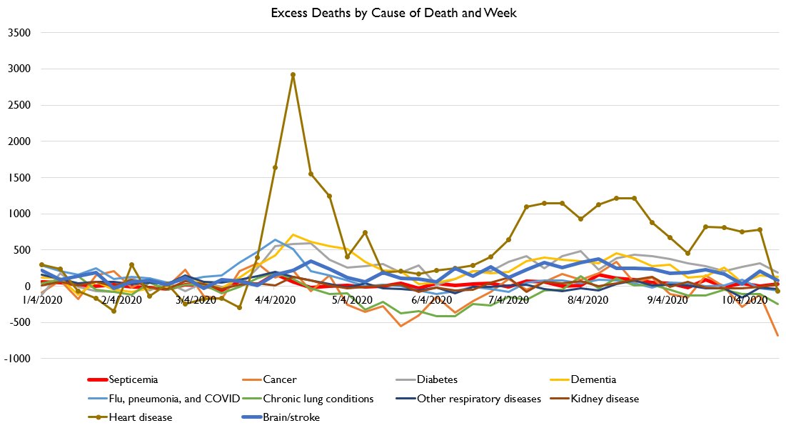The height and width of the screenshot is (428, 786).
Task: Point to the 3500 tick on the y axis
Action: (18, 33)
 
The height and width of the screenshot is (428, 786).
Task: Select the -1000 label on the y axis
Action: (16, 359)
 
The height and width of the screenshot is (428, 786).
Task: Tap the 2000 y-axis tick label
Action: (18, 141)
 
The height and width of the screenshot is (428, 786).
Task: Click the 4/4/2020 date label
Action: (272, 300)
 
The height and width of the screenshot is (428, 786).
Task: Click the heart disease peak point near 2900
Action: (293, 74)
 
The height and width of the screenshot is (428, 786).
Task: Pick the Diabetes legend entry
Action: (436, 380)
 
